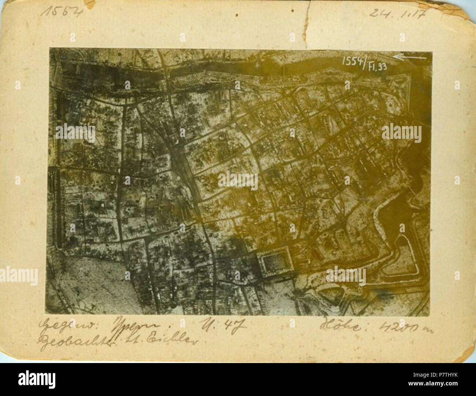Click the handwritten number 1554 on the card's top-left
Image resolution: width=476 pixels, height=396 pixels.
click(62, 11)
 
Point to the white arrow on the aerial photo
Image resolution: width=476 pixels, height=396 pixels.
click(410, 57)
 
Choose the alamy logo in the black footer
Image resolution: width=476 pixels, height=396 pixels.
click(37, 379)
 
